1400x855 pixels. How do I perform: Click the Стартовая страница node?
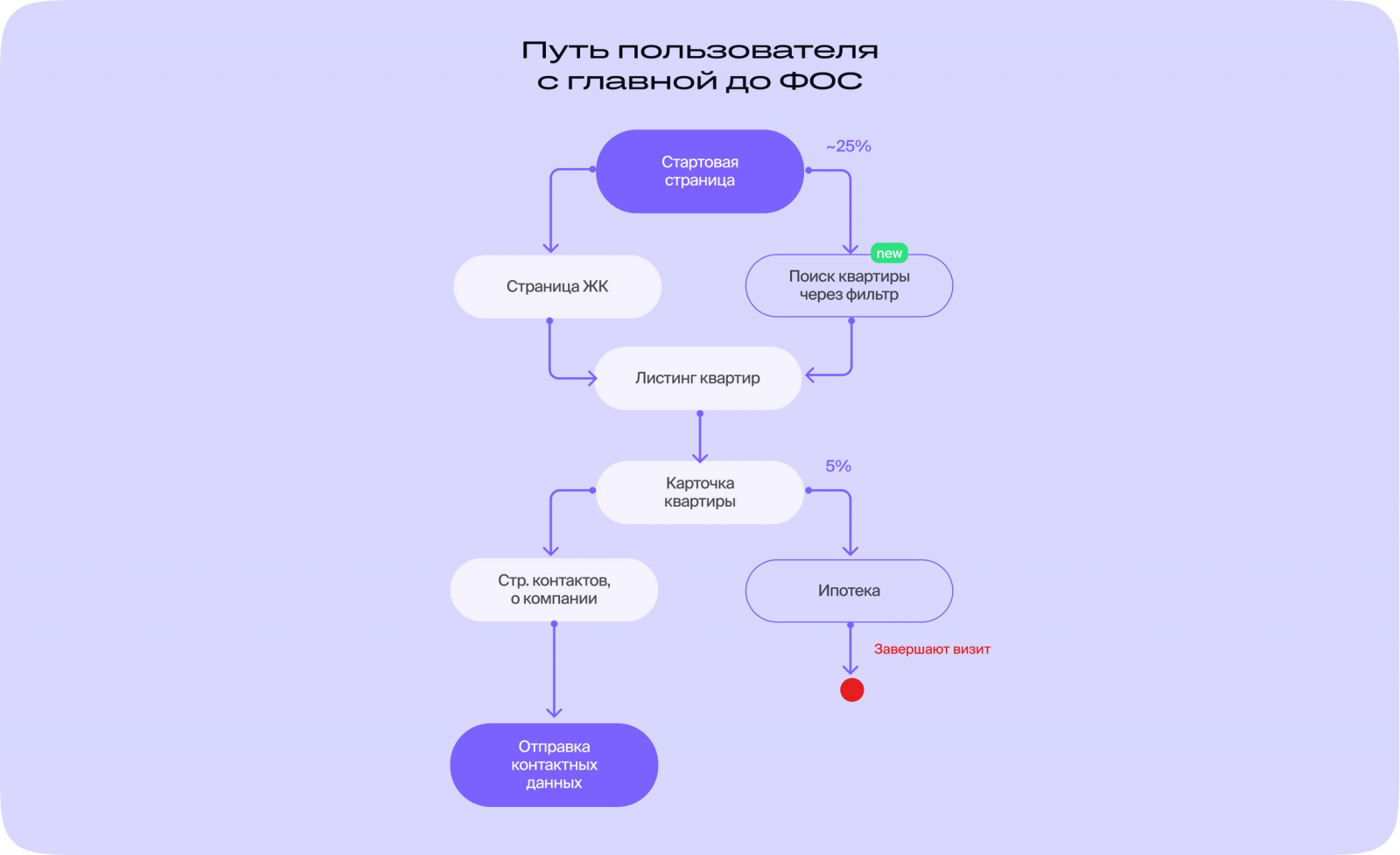click(699, 172)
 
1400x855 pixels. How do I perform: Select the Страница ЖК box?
click(557, 287)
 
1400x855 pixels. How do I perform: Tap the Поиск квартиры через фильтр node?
click(849, 286)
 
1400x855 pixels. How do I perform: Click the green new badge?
click(889, 254)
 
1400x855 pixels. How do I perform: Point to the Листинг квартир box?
click(697, 378)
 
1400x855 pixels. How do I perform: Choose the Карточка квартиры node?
click(699, 492)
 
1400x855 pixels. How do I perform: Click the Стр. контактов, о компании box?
click(554, 590)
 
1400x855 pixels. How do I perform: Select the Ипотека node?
click(849, 591)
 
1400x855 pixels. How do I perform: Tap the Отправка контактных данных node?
click(554, 765)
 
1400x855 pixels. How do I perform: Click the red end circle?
click(851, 690)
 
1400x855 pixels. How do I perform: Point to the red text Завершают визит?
click(932, 649)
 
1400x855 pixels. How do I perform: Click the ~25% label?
click(849, 146)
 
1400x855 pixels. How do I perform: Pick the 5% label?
click(838, 466)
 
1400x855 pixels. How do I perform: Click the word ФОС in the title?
click(821, 81)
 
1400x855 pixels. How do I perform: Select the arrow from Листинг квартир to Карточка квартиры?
click(700, 436)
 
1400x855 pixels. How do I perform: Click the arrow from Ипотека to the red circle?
click(850, 649)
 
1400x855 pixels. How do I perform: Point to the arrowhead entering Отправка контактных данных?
click(554, 712)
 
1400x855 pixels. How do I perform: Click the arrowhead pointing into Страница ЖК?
click(550, 248)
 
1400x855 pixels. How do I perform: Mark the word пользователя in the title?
click(752, 51)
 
